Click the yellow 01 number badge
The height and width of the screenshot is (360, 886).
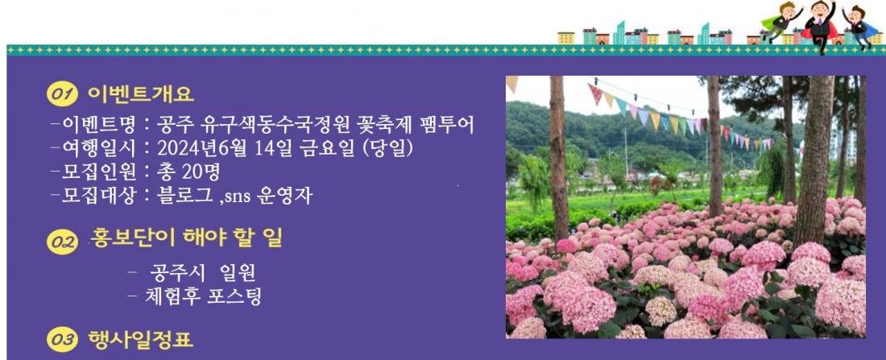tap(62, 95)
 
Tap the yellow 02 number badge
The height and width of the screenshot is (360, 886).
tap(62, 242)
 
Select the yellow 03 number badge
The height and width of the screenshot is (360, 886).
tap(62, 340)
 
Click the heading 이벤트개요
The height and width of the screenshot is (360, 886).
tap(141, 94)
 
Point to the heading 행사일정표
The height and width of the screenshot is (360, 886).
tap(141, 340)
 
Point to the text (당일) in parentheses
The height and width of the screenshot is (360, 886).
tap(387, 148)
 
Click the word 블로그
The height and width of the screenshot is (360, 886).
tap(184, 196)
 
